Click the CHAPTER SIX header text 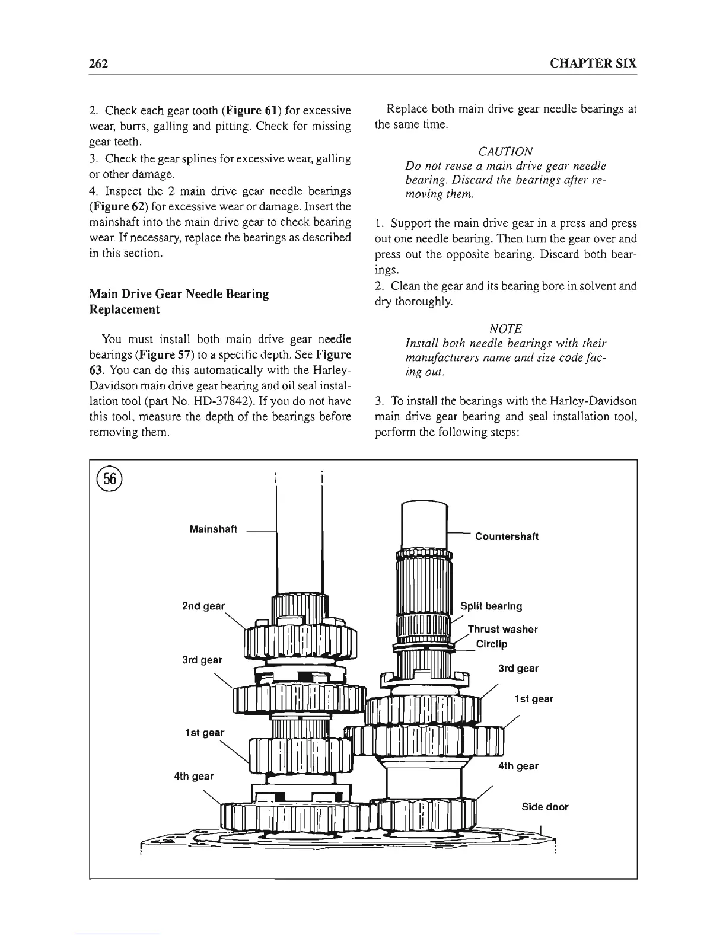(593, 63)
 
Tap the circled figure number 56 (110, 480)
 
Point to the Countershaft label (507, 536)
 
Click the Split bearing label (491, 606)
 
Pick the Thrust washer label (502, 629)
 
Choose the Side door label (544, 807)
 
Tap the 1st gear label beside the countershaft (533, 699)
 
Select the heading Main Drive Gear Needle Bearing (179, 294)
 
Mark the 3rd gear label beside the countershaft (518, 669)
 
